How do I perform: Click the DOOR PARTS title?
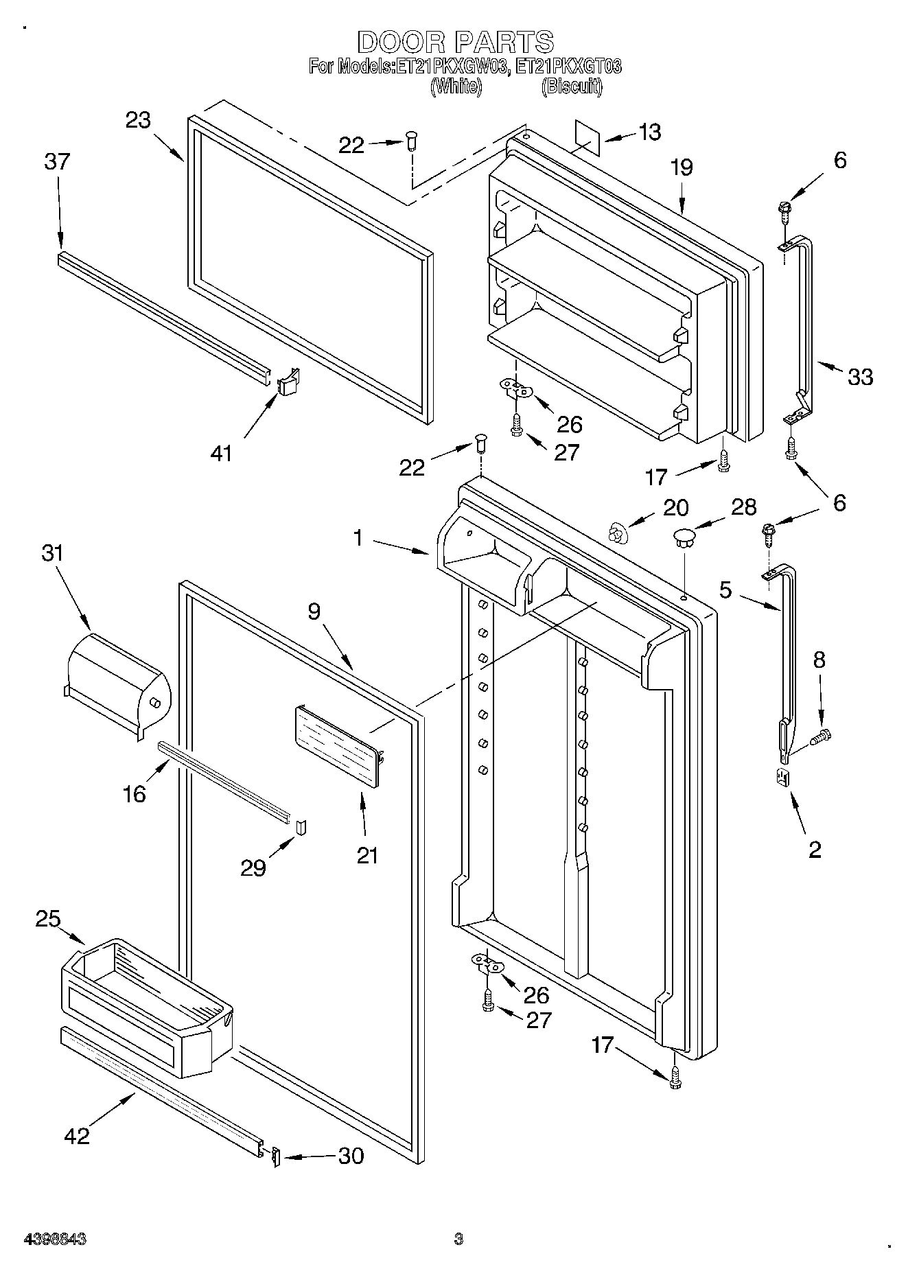[455, 42]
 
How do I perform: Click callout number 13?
[649, 132]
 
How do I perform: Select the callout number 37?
[57, 162]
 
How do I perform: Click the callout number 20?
[675, 507]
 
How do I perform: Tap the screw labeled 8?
[821, 737]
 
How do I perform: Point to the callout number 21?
[367, 855]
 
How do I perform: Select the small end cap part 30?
[275, 1156]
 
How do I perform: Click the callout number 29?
[253, 868]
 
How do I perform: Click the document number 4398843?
[55, 1239]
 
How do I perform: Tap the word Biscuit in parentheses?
[572, 86]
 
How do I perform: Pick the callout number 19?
[682, 167]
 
